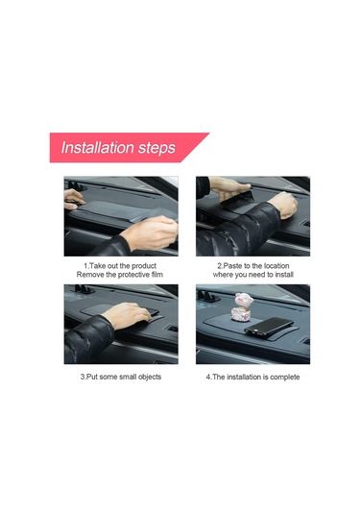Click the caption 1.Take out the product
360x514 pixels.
tap(119, 265)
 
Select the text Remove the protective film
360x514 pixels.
tap(119, 276)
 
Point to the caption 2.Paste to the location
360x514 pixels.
tap(253, 265)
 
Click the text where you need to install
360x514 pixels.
tap(253, 276)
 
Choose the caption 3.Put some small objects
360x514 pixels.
tap(120, 377)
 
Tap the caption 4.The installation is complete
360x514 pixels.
tap(253, 377)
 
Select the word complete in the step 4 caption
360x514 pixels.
tap(284, 377)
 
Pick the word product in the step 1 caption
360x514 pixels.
tap(141, 265)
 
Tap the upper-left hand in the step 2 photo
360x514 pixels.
tap(228, 185)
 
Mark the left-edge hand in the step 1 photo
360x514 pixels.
tap(73, 200)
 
